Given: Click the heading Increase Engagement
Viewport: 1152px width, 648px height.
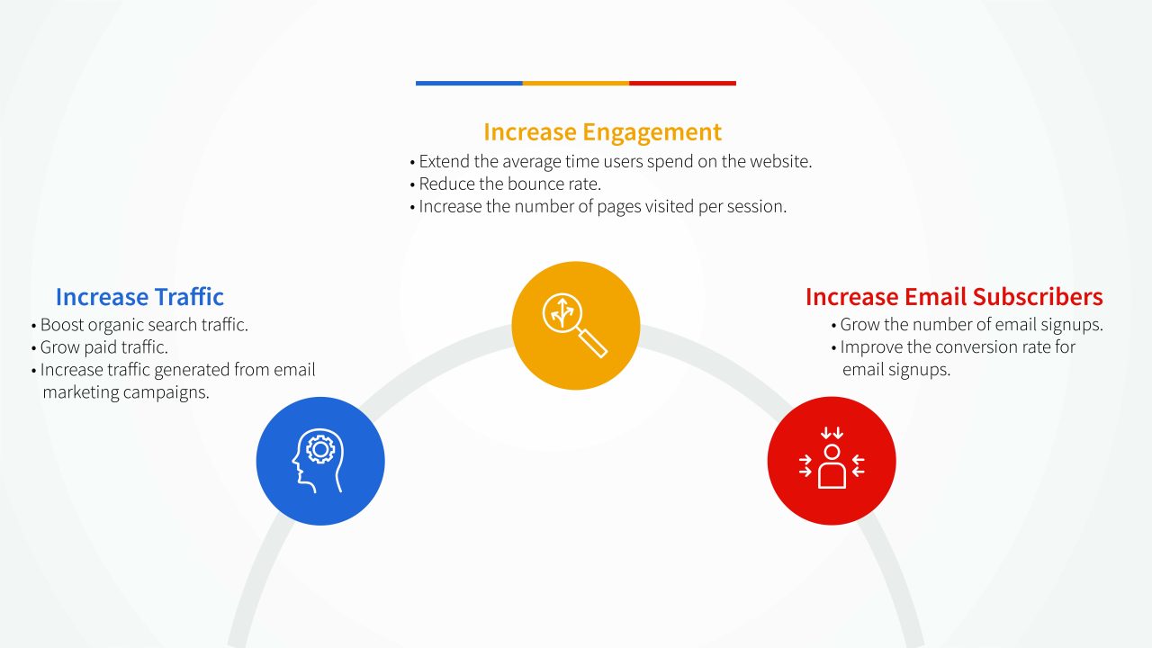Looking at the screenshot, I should (x=602, y=132).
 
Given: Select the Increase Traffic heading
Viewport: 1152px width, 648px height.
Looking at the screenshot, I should (x=139, y=297).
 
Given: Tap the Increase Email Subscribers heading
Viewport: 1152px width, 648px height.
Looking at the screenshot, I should (x=954, y=297).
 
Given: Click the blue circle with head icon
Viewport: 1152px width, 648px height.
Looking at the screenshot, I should (x=320, y=461).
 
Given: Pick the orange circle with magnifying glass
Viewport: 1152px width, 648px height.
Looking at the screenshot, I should (x=576, y=326).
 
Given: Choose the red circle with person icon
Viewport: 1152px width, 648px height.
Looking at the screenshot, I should (x=832, y=461).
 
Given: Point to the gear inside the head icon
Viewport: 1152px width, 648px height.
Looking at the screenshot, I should (x=319, y=448).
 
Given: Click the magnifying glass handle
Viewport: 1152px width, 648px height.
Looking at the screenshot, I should (x=594, y=343).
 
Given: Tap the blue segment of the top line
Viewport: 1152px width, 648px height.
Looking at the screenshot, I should (x=469, y=84).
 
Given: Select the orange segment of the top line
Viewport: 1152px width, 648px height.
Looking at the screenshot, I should (x=576, y=84).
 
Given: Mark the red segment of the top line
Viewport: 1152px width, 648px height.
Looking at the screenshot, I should (x=682, y=84).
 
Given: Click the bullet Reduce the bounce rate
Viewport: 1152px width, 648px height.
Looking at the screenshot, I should (x=510, y=184).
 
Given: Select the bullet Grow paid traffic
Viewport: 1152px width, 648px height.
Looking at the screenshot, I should (x=103, y=347).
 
